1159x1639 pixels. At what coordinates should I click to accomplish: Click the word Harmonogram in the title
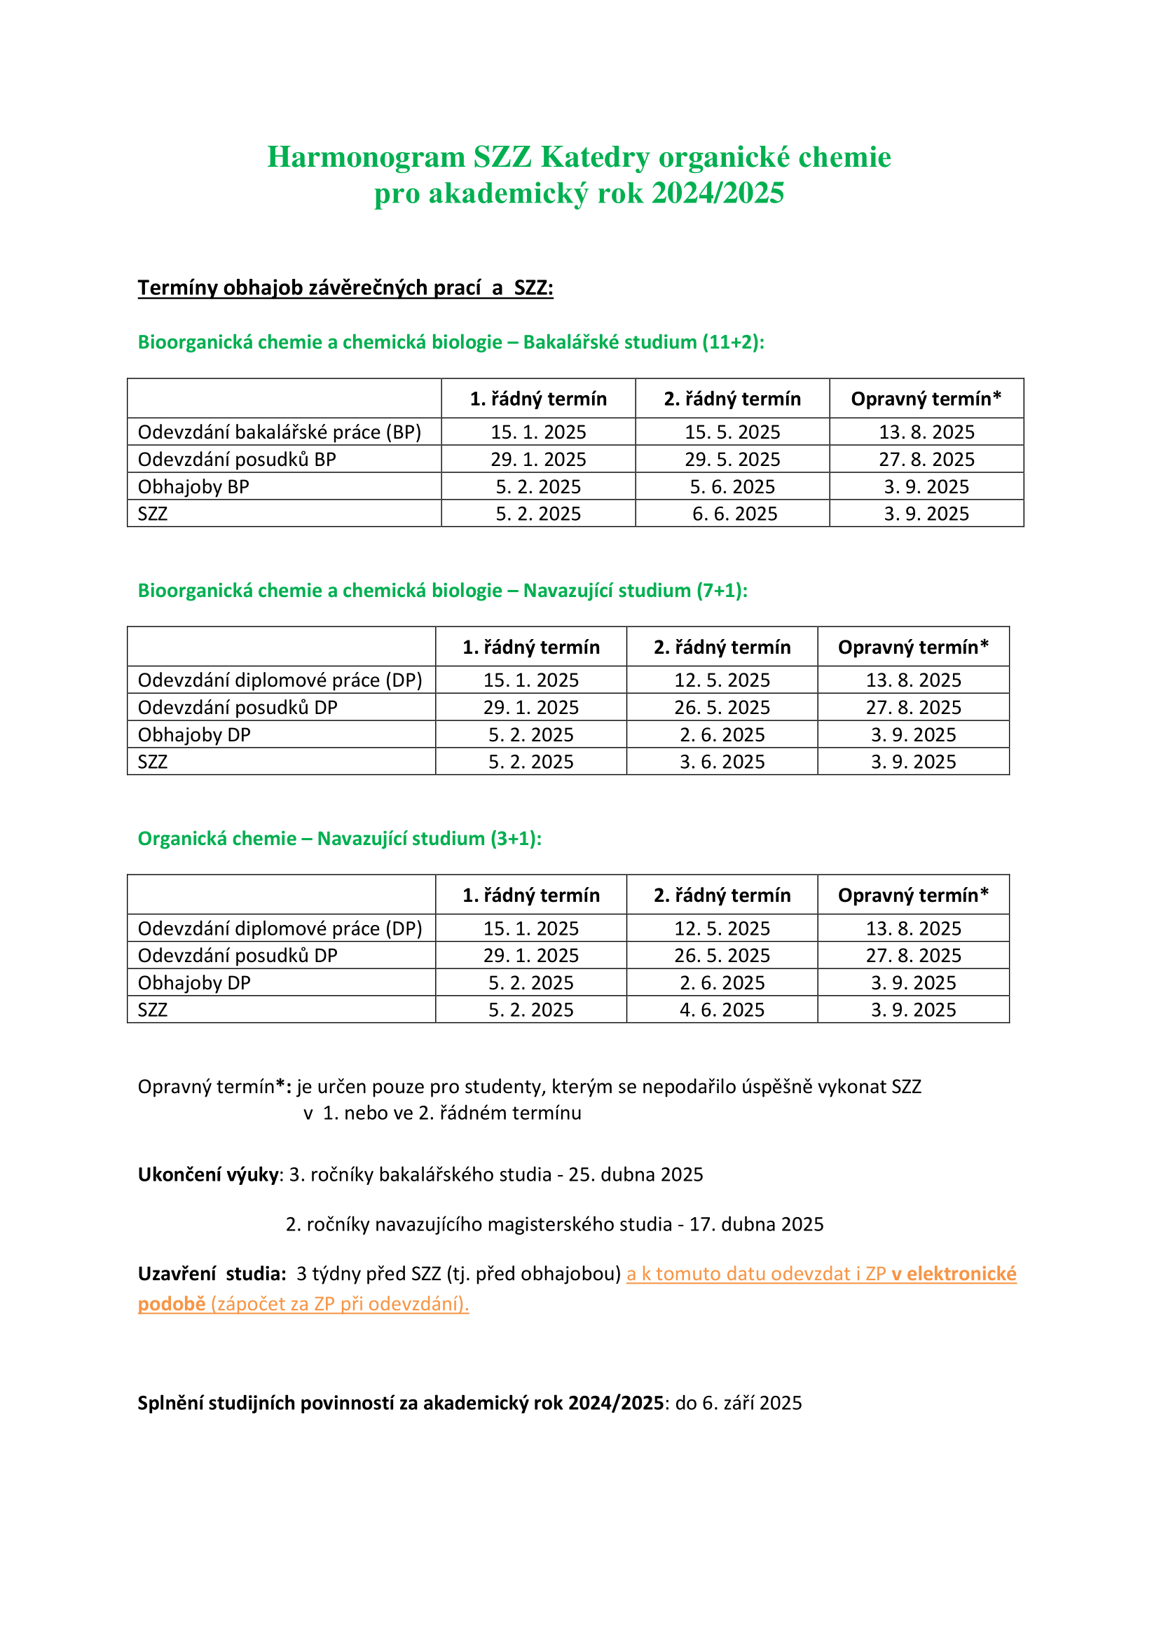click(365, 158)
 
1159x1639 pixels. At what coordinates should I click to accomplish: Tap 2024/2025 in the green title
click(718, 193)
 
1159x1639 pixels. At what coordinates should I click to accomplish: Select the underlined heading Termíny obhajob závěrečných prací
click(345, 288)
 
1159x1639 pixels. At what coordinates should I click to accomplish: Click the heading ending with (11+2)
click(451, 342)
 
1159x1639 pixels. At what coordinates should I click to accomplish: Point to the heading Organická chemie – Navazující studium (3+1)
click(339, 838)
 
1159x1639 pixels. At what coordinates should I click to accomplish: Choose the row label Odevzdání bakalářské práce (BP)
click(279, 432)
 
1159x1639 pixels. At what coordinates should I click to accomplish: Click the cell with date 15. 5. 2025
click(732, 432)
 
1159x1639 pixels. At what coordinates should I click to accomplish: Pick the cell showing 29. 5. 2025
click(732, 459)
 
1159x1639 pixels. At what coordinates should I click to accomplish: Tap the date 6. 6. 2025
click(734, 514)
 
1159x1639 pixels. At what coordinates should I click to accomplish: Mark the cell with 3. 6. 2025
click(722, 762)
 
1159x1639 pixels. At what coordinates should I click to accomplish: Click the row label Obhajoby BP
click(193, 487)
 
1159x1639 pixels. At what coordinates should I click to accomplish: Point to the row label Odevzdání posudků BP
click(236, 459)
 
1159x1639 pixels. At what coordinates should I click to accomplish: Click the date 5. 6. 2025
click(732, 487)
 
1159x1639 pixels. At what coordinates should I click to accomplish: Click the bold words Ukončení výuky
click(207, 1174)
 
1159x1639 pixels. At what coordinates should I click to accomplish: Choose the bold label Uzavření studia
click(211, 1273)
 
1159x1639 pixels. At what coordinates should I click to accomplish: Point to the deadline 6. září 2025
click(751, 1403)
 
